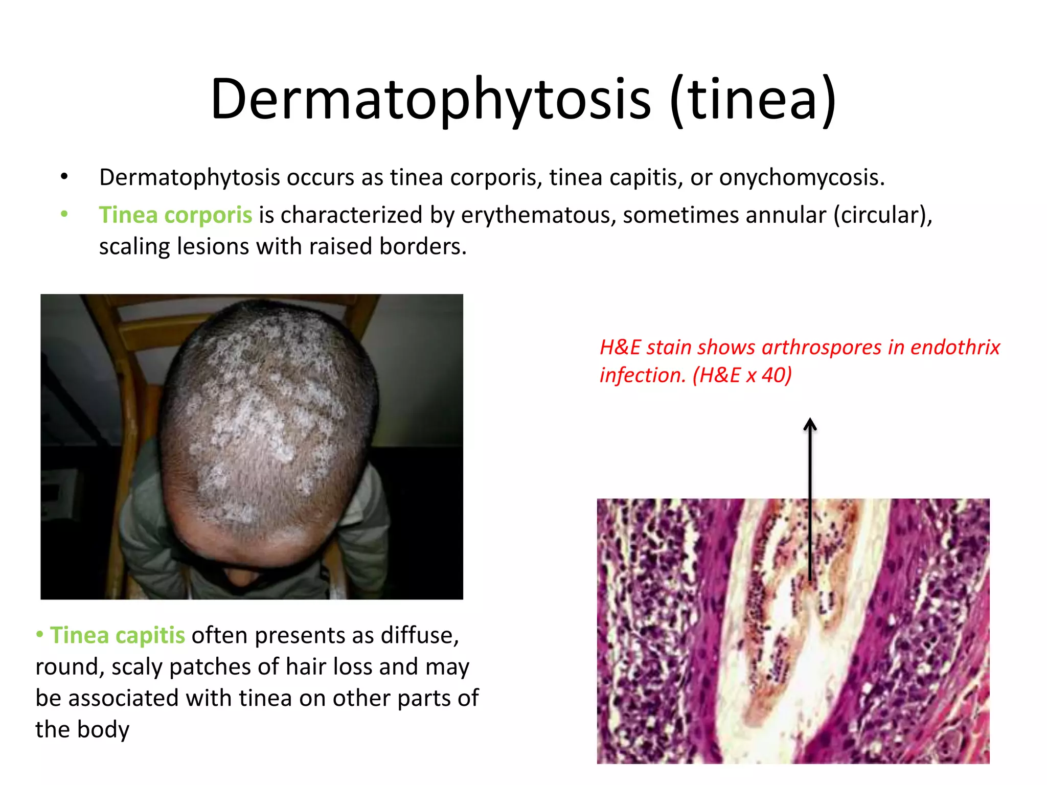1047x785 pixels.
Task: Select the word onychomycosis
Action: tap(802, 178)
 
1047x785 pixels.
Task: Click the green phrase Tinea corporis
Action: tap(175, 215)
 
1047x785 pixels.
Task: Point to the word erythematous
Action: tap(538, 215)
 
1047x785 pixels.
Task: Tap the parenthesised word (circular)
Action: tap(883, 215)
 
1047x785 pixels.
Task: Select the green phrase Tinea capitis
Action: tap(117, 635)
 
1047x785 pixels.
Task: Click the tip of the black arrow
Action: tap(810, 420)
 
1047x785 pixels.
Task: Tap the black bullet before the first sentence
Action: tap(64, 177)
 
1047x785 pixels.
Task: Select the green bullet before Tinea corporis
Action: tap(64, 214)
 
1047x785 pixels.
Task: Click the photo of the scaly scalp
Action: tap(252, 446)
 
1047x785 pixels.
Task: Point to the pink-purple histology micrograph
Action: tap(793, 631)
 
